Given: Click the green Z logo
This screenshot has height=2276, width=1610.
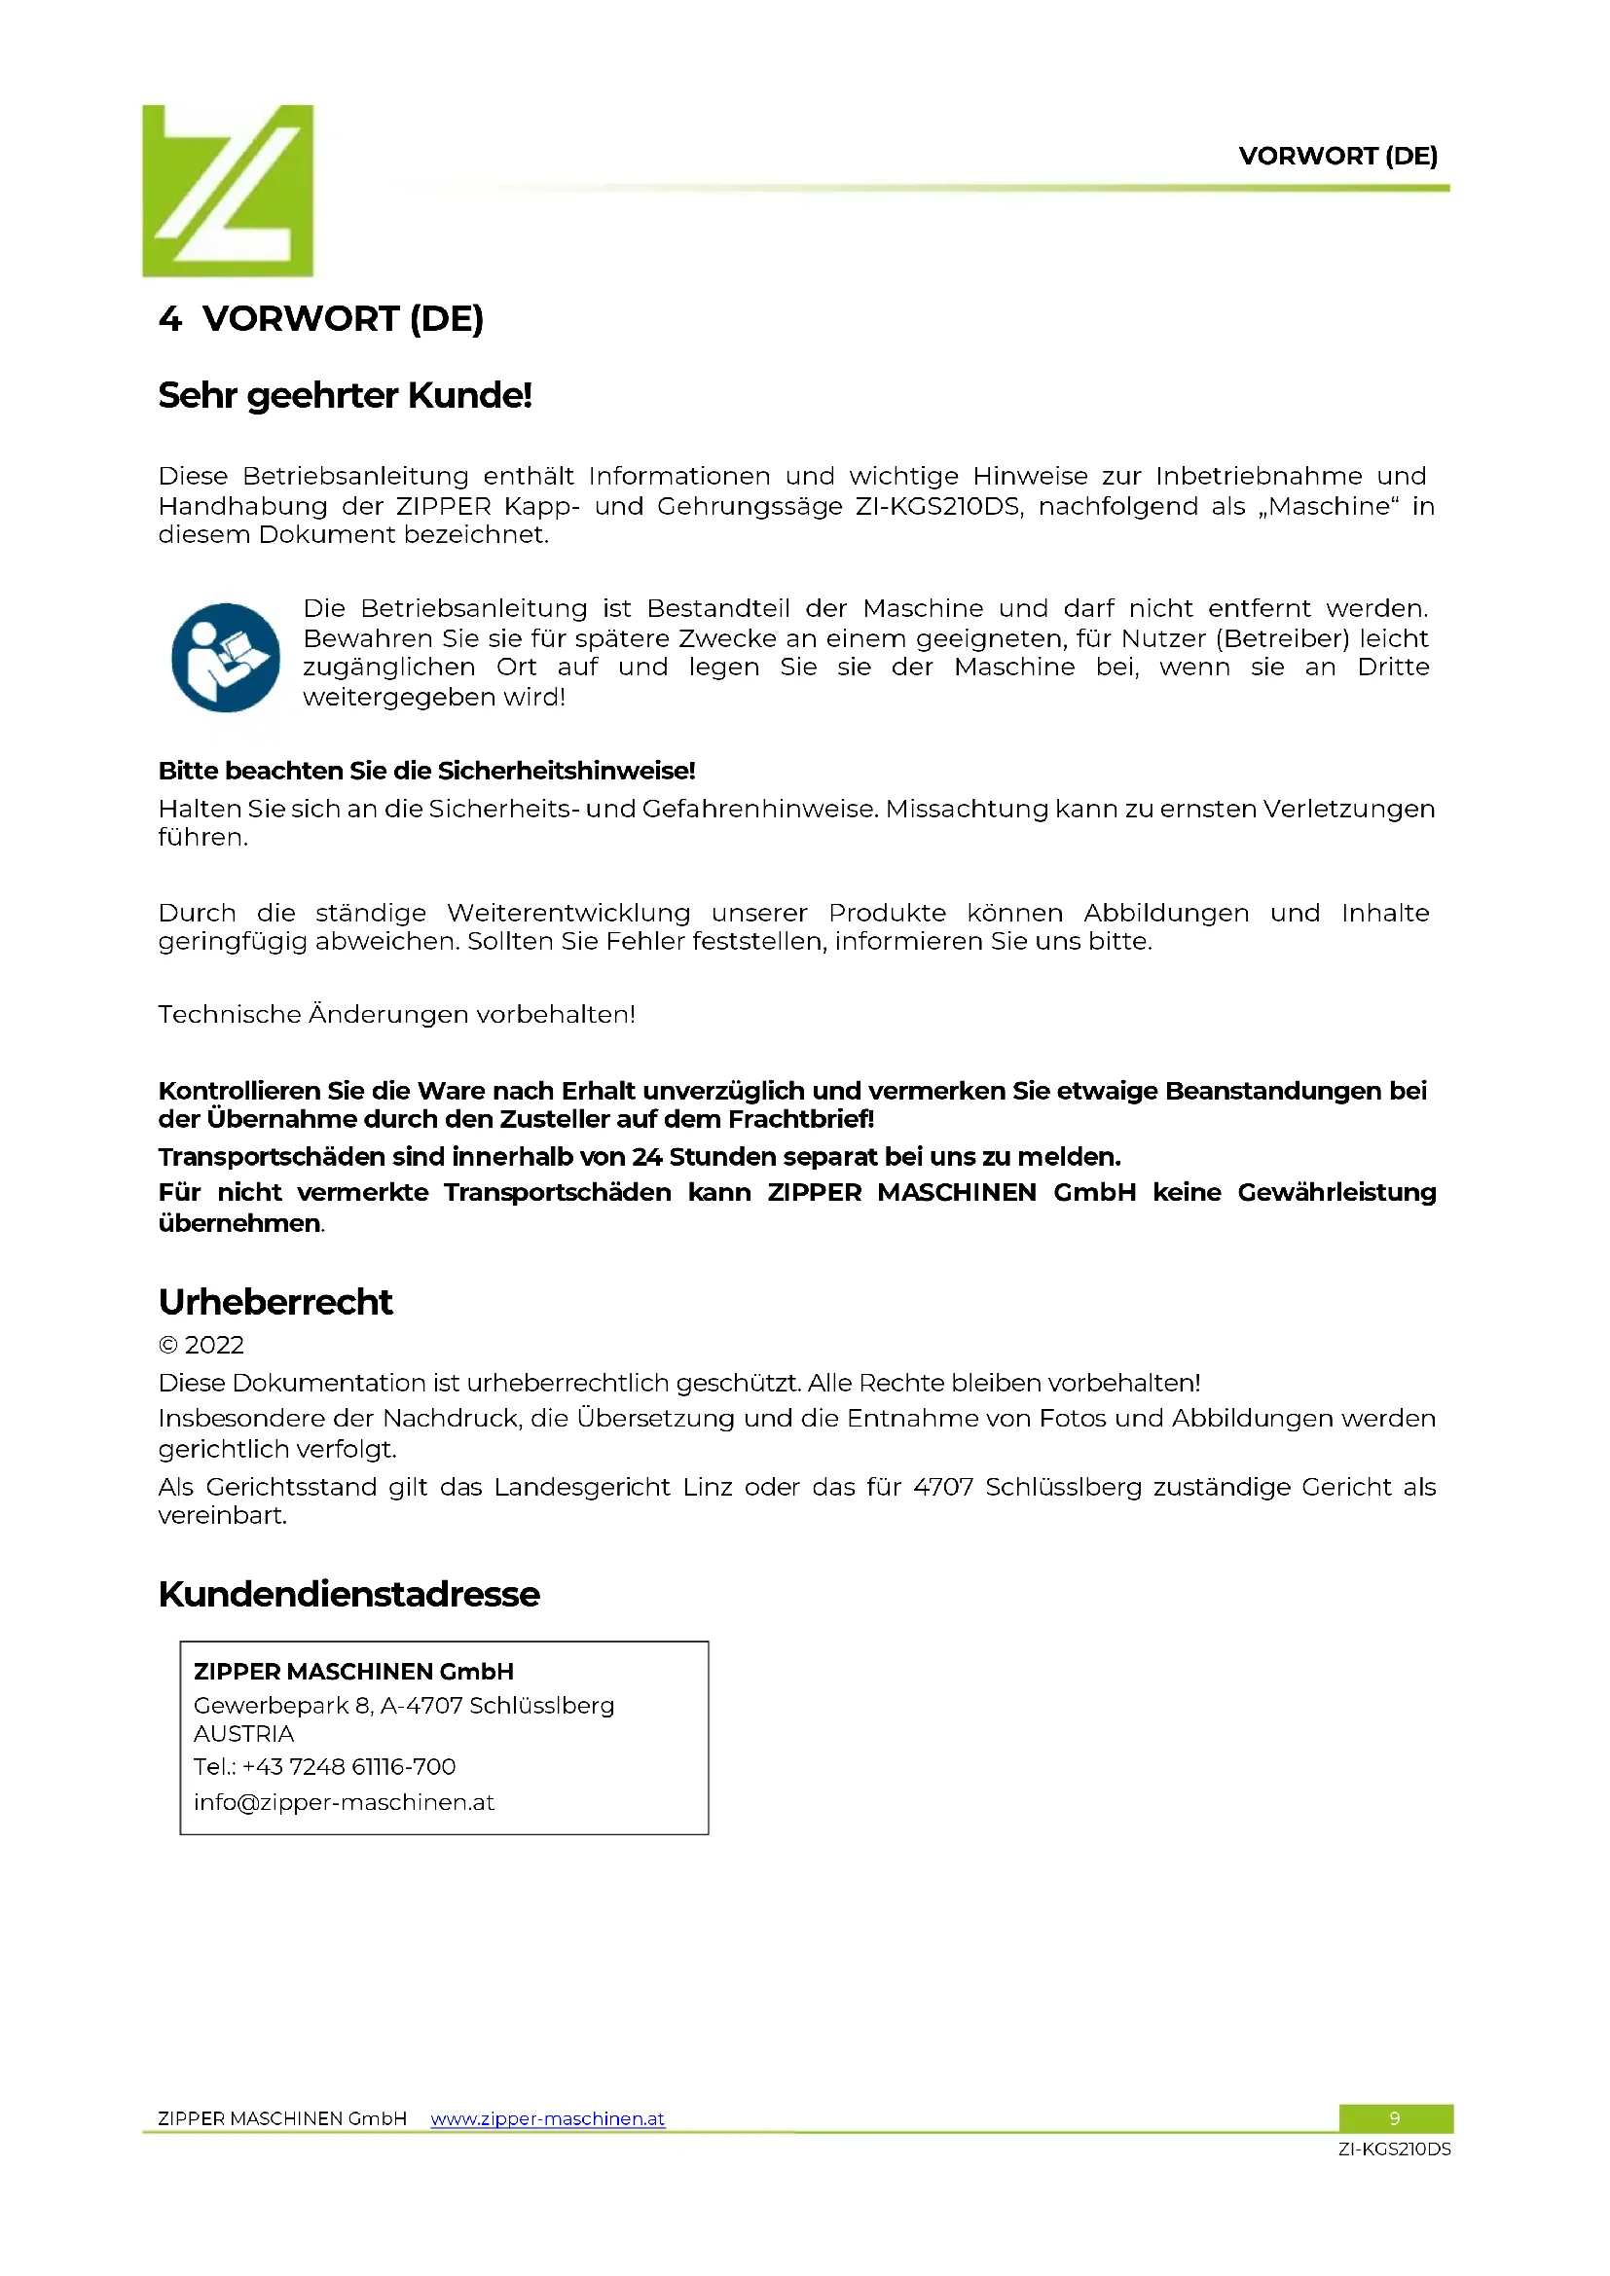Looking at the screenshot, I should click(227, 191).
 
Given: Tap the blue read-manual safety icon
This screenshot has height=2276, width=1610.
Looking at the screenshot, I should click(226, 657).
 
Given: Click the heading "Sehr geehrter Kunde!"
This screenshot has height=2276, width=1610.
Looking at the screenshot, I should click(345, 395).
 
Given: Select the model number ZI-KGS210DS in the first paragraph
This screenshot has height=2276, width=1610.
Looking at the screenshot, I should click(936, 507).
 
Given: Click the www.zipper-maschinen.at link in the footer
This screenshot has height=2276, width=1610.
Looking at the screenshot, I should click(547, 2118).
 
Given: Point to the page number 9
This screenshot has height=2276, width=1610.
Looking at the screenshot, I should click(1394, 2118).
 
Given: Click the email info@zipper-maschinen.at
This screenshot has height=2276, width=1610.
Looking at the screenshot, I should click(344, 1802).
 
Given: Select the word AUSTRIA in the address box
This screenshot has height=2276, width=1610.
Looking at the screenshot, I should click(244, 1734).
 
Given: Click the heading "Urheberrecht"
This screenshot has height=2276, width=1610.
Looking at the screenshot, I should click(275, 1302).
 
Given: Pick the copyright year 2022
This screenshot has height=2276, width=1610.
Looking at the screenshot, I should click(214, 1345).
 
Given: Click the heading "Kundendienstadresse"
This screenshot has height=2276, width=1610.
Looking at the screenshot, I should click(349, 1594).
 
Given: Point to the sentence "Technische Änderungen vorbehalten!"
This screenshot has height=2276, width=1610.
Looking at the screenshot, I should click(396, 1014).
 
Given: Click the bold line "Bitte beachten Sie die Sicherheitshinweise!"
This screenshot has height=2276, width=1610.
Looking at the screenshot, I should click(426, 771).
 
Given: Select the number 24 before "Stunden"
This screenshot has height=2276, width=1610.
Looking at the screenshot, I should click(646, 1157).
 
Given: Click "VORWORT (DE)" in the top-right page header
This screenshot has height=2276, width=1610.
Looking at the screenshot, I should click(1337, 156).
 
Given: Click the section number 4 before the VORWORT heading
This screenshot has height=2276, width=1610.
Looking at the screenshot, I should click(169, 319).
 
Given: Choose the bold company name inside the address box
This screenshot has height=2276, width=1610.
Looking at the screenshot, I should click(354, 1672).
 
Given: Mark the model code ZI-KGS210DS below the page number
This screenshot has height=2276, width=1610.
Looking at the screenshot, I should click(1394, 2150).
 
